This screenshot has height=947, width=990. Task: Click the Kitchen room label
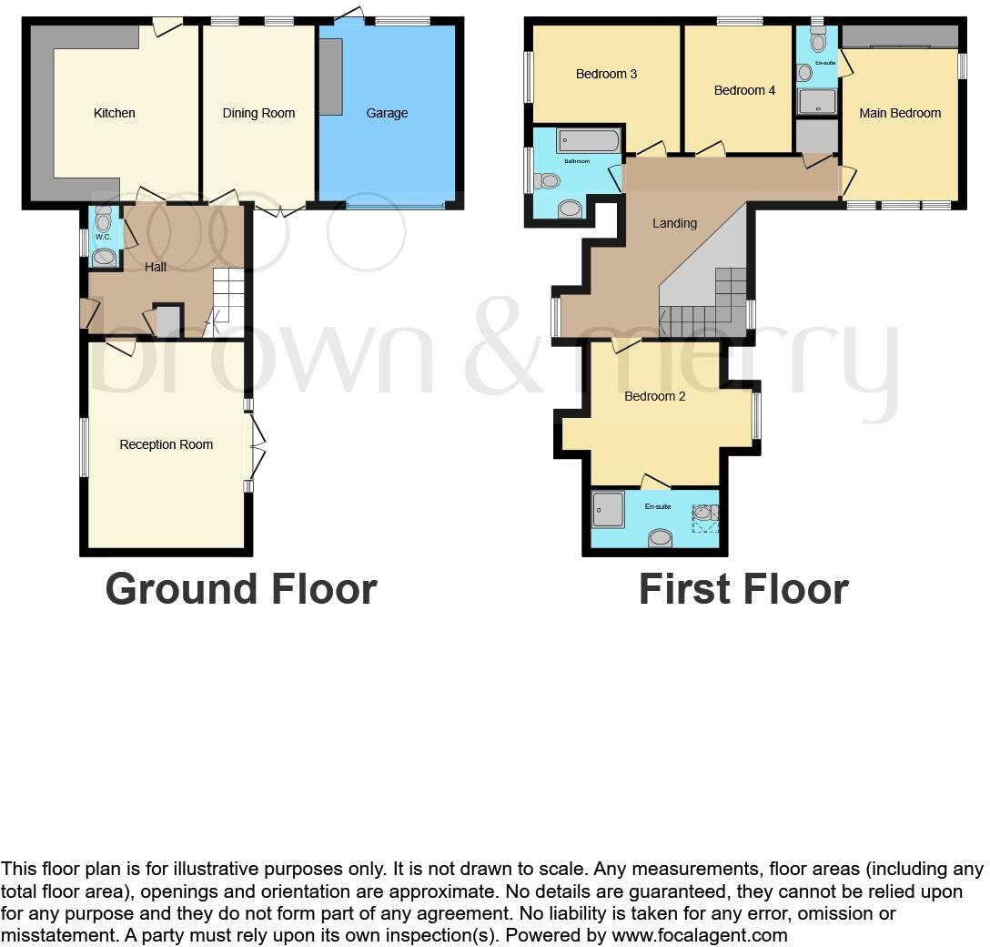point(115,113)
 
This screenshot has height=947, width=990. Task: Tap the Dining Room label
point(258,113)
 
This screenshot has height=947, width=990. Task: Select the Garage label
point(387,113)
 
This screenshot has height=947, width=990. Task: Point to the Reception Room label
point(167,444)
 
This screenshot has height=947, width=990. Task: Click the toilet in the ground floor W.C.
point(103,220)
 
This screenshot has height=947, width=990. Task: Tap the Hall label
point(156,267)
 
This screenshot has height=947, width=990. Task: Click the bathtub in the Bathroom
point(589,141)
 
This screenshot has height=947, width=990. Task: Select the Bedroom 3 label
point(606,74)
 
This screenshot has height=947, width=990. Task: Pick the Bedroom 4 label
point(744,90)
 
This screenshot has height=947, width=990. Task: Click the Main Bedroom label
point(900,113)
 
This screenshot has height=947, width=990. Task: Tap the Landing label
point(674,223)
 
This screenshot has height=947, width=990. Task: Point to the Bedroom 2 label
point(654,396)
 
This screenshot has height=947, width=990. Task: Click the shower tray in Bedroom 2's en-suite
point(608,510)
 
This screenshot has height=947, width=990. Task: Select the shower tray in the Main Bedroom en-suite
point(817,101)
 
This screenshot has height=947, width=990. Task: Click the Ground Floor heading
point(241,588)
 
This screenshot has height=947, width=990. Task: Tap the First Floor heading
point(743,588)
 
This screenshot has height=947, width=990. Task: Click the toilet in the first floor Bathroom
point(548,181)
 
